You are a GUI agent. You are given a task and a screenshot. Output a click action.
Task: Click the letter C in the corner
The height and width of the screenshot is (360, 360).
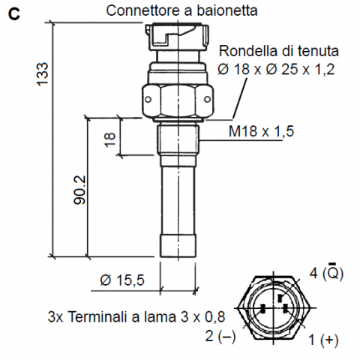[x=14, y=13]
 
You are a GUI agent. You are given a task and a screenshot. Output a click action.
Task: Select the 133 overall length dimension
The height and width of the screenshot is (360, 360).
[x=42, y=74]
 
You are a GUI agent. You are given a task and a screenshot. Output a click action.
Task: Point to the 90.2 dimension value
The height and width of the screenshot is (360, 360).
[x=80, y=190]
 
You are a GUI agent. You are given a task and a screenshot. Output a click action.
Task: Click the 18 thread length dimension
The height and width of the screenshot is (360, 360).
[x=109, y=139]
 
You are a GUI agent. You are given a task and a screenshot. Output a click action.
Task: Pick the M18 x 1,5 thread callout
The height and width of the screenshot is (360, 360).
[x=261, y=131]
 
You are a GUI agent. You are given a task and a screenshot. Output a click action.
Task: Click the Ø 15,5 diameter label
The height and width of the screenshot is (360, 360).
[x=122, y=280]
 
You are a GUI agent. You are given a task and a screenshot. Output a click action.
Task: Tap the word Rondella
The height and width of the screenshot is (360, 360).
[x=248, y=51]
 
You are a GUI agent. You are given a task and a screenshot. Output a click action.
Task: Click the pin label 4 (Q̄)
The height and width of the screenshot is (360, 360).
[x=326, y=272]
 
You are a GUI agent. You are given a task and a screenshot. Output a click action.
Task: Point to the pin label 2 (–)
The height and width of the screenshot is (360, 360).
[x=220, y=336]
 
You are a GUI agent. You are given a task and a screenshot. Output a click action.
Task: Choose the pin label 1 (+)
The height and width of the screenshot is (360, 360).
[x=323, y=340]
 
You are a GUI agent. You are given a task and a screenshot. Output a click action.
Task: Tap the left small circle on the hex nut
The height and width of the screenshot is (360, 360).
[x=148, y=100]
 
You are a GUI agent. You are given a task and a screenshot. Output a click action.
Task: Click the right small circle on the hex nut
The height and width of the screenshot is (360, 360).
[x=208, y=100]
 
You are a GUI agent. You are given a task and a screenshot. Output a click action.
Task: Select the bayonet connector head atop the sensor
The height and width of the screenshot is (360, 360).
[x=177, y=37]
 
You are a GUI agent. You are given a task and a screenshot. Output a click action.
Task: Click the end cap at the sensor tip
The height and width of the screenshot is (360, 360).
[x=178, y=246]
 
